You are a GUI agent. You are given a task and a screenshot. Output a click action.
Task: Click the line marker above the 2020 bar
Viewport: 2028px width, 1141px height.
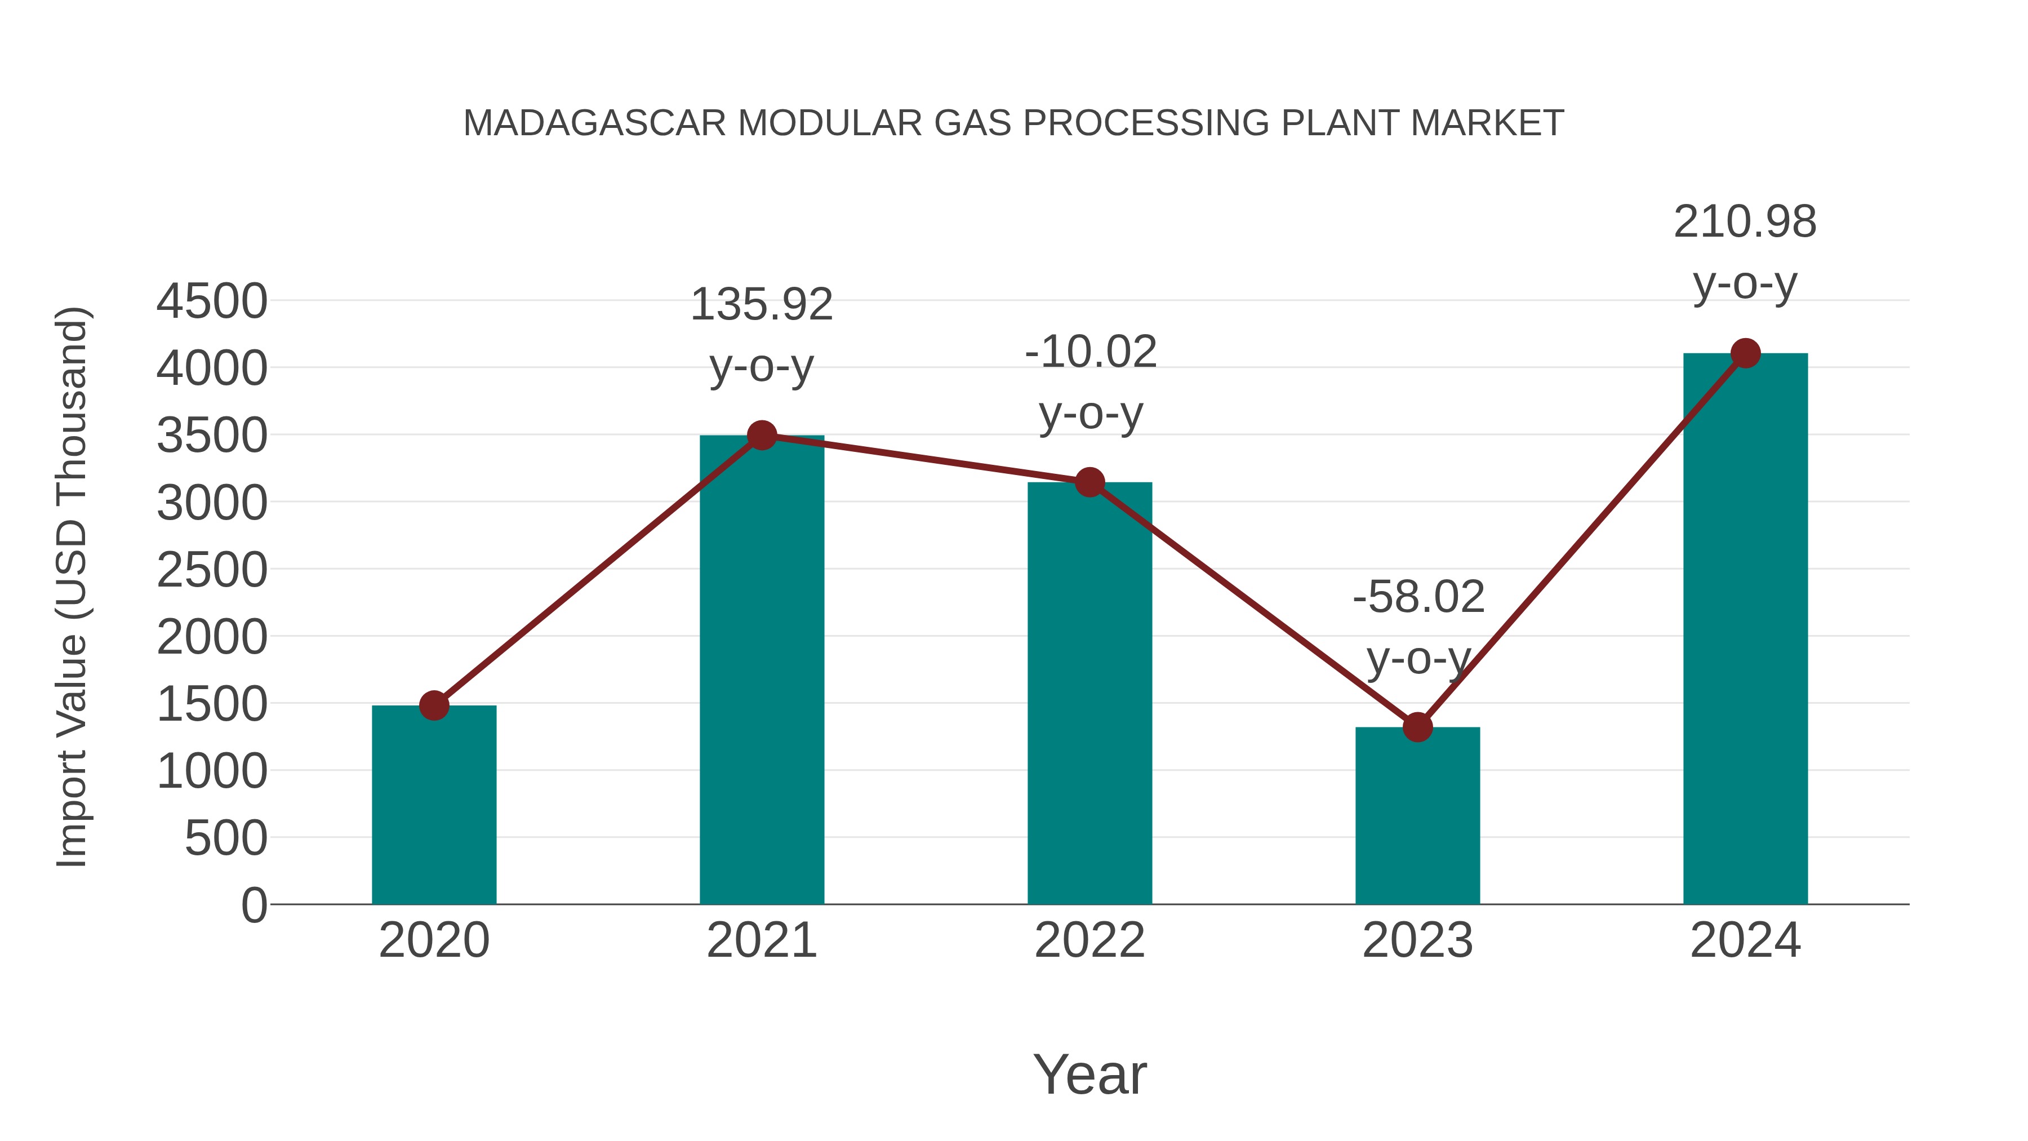(x=434, y=705)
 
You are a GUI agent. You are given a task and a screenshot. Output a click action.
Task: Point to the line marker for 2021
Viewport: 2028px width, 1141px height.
(x=761, y=434)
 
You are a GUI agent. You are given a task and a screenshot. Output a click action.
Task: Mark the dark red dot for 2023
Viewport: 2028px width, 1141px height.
(x=1417, y=727)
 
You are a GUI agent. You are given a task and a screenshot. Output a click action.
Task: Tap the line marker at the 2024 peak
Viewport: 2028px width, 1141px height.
(x=1745, y=353)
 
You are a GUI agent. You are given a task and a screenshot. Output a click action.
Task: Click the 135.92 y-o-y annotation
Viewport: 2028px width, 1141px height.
(x=761, y=305)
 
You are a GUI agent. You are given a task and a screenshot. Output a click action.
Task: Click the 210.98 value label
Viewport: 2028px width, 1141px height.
(x=1745, y=222)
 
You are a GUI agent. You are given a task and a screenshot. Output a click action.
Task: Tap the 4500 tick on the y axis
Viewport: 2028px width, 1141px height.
(x=212, y=301)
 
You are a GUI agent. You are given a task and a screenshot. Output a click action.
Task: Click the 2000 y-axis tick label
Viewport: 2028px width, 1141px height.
(x=212, y=637)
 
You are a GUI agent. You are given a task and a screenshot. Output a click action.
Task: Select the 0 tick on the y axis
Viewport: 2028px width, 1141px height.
(x=253, y=905)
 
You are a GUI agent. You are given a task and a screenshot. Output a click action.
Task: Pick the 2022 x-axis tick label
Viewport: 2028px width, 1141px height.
(x=1089, y=940)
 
